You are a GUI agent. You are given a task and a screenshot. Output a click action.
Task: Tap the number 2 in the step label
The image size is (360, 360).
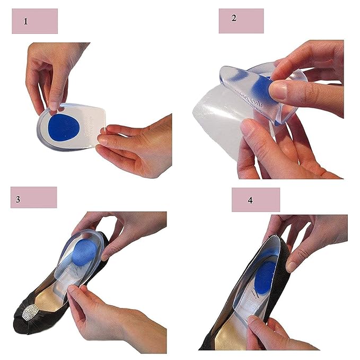pos(234,17)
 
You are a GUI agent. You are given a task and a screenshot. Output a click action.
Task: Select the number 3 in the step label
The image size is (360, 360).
pos(18,200)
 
